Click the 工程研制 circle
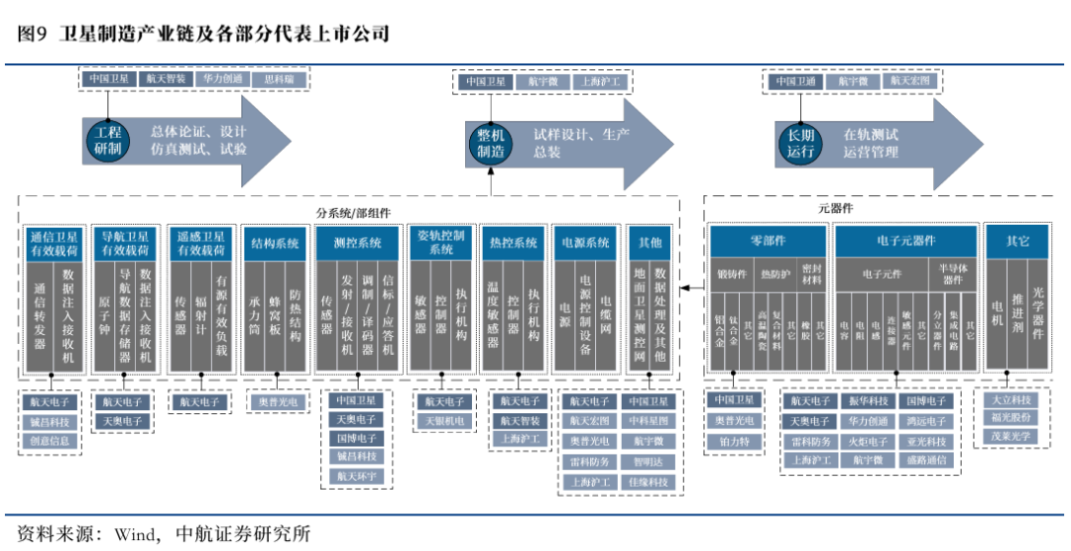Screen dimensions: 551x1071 coord(107,141)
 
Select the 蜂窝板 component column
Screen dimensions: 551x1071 coord(276,315)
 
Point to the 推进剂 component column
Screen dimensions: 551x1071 coord(1017,315)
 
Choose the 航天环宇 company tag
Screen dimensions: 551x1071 coord(357,477)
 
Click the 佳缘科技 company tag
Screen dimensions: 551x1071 coord(650,483)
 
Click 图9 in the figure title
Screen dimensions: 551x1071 coord(33,34)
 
